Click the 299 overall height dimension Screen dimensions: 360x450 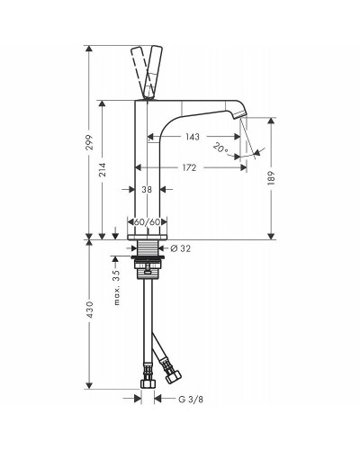pyautogui.click(x=90, y=143)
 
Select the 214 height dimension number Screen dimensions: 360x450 pyautogui.click(x=103, y=169)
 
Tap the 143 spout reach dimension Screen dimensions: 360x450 pyautogui.click(x=193, y=137)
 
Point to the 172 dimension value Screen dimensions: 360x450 pyautogui.click(x=189, y=167)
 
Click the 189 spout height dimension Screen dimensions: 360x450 pyautogui.click(x=271, y=178)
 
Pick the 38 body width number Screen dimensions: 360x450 pyautogui.click(x=147, y=189)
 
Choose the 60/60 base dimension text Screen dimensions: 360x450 pyautogui.click(x=147, y=222)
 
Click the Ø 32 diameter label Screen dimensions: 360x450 pyautogui.click(x=180, y=248)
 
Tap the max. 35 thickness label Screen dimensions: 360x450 pyautogui.click(x=117, y=287)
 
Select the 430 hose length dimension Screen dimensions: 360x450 pyautogui.click(x=90, y=310)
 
